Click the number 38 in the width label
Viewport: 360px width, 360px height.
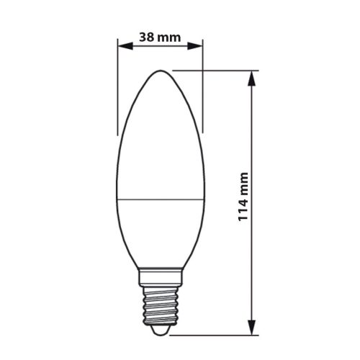click(x=146, y=37)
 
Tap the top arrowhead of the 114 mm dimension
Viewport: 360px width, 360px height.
click(x=252, y=77)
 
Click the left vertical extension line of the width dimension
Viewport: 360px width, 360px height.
click(x=117, y=86)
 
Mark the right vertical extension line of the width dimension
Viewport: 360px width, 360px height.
click(x=203, y=86)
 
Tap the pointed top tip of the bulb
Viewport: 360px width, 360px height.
click(x=161, y=72)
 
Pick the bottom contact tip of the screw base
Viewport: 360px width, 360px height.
click(x=161, y=329)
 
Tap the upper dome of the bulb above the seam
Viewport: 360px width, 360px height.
click(x=161, y=137)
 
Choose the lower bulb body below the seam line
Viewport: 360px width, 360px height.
click(x=161, y=230)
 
